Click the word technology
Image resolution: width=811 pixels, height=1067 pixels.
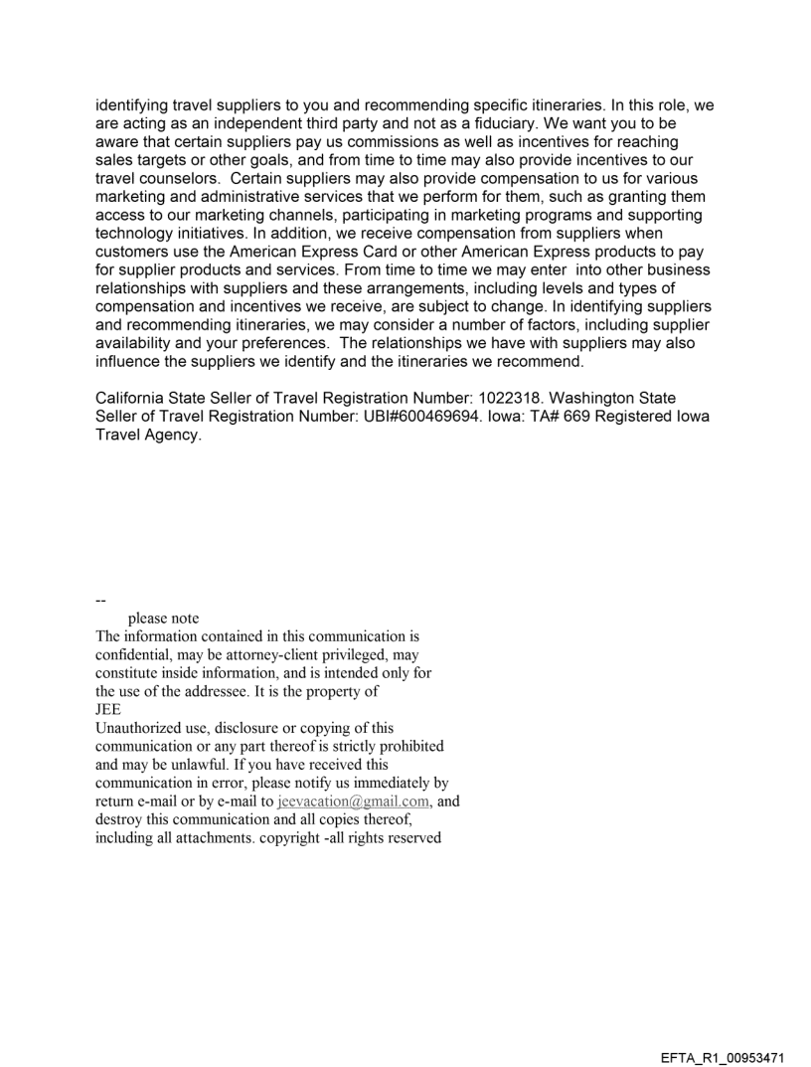[x=138, y=234]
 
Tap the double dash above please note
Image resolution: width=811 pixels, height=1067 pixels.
[x=100, y=601]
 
